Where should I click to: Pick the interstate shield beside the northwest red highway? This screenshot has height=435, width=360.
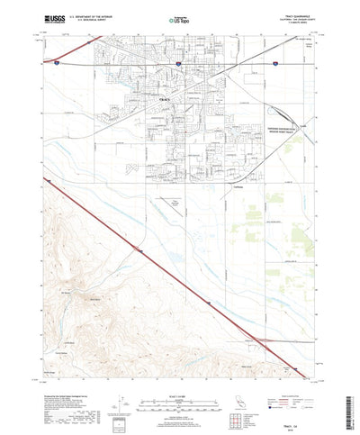pyautogui.click(x=56, y=64)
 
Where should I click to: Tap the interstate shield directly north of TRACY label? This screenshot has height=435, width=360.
pyautogui.click(x=179, y=65)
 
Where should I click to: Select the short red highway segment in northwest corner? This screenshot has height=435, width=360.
pyautogui.click(x=49, y=63)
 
